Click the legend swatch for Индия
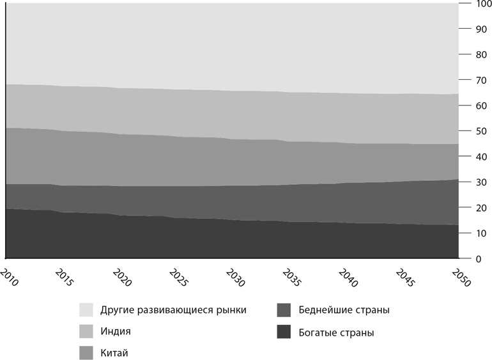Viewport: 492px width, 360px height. pyautogui.click(x=87, y=331)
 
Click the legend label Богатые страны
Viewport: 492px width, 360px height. pyautogui.click(x=336, y=333)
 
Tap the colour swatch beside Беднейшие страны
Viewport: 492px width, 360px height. pyautogui.click(x=284, y=310)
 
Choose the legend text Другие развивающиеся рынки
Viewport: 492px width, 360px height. pyautogui.click(x=173, y=311)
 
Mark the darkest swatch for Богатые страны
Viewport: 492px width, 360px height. pyautogui.click(x=284, y=332)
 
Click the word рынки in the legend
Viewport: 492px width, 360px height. pyautogui.click(x=231, y=311)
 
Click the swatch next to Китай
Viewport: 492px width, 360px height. pyautogui.click(x=87, y=352)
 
